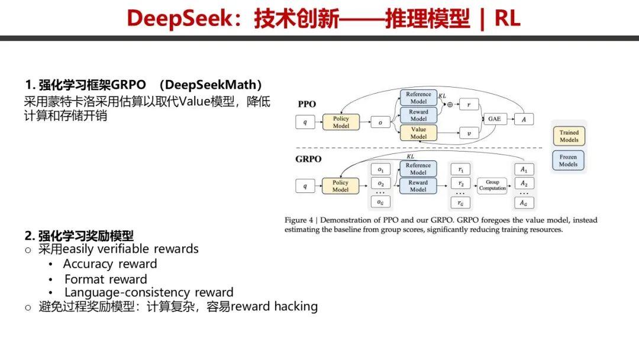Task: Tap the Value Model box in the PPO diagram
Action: click(418, 133)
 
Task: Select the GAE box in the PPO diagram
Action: click(493, 119)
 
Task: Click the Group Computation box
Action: click(493, 185)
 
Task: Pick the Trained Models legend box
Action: click(569, 136)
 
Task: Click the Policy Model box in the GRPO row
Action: click(340, 186)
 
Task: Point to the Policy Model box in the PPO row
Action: click(341, 122)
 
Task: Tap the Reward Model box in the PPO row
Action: click(418, 115)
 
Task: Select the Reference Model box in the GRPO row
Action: click(418, 169)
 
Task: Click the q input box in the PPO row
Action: click(305, 123)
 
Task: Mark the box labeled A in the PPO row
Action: click(523, 119)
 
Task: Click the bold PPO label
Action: click(306, 104)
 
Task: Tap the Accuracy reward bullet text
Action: click(110, 264)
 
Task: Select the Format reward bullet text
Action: click(105, 279)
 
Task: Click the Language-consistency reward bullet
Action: click(149, 292)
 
